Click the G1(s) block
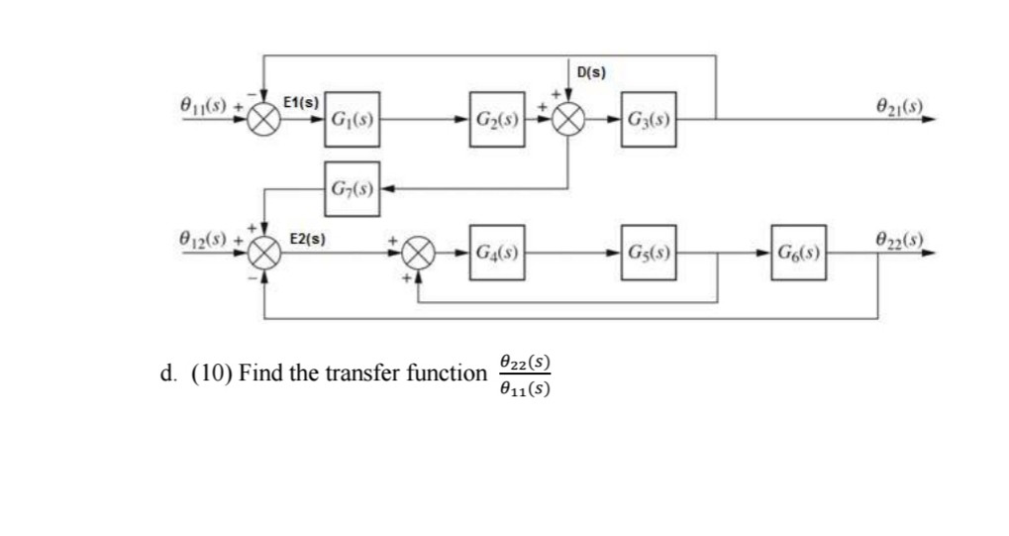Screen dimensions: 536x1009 (352, 120)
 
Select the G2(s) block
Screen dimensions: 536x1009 (498, 120)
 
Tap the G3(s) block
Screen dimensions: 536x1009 (650, 120)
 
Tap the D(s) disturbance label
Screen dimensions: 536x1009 (591, 72)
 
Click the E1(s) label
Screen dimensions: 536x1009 (301, 102)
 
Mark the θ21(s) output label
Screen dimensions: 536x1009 (900, 104)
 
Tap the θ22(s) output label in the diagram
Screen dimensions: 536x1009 (900, 238)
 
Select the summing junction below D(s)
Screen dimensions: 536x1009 (567, 120)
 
